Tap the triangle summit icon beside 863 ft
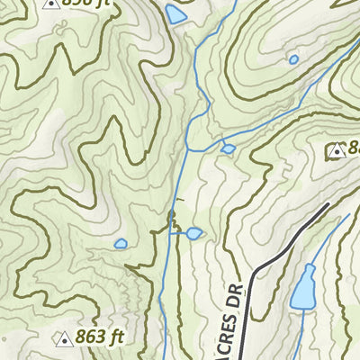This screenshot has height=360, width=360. tap(64, 339)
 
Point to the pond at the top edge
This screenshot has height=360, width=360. tap(175, 13)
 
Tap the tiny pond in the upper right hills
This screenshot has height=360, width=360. tap(293, 60)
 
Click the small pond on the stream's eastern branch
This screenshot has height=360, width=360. tap(229, 148)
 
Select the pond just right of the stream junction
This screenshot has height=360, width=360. tap(193, 234)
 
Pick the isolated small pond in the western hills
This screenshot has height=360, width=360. tap(121, 243)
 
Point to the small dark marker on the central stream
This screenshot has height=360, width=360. tap(172, 214)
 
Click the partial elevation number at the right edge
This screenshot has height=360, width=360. tap(354, 148)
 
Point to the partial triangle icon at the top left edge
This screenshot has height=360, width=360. tap(51, 3)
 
